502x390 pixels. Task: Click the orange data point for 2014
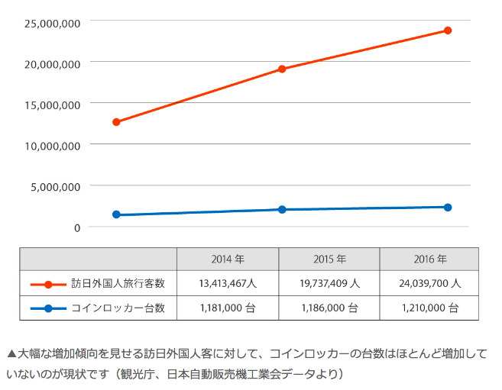[116, 122]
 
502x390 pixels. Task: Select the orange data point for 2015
[282, 69]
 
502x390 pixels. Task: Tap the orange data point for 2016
[448, 31]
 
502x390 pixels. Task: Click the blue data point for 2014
[116, 215]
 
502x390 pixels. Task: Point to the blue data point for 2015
[282, 209]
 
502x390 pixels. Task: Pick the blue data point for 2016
[448, 208]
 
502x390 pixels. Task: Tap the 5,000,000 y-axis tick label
[56, 186]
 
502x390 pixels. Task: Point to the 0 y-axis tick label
[77, 227]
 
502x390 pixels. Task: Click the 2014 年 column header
[227, 259]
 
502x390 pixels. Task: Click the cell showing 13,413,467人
[227, 283]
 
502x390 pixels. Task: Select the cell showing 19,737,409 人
[329, 283]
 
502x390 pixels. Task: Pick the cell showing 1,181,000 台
[227, 308]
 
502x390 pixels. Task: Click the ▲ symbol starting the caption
[11, 354]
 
